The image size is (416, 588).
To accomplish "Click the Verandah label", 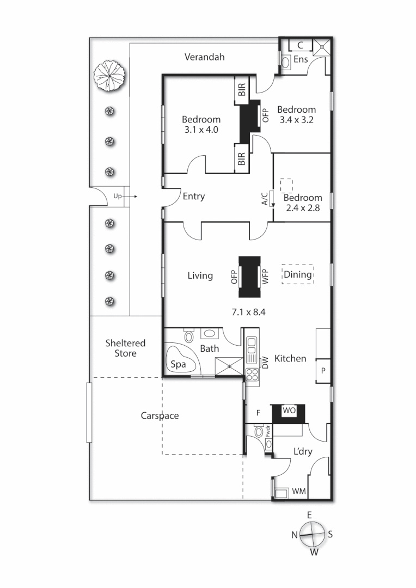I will [204, 57].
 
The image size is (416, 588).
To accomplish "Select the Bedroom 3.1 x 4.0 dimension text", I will [201, 130].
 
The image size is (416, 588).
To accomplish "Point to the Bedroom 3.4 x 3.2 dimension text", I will [296, 120].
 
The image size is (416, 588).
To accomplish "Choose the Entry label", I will [193, 197].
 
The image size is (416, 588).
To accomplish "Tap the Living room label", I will [200, 275].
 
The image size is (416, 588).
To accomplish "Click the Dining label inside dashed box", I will [298, 274].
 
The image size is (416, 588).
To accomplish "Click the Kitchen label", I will [290, 358].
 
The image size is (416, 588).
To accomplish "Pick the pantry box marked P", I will [323, 370].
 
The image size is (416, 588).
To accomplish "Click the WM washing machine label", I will [298, 492].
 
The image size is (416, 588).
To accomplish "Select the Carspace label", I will [160, 415].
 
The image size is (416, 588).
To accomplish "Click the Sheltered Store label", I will [125, 348].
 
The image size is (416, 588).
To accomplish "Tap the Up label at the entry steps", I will [118, 196].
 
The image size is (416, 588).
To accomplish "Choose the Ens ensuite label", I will [301, 59].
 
